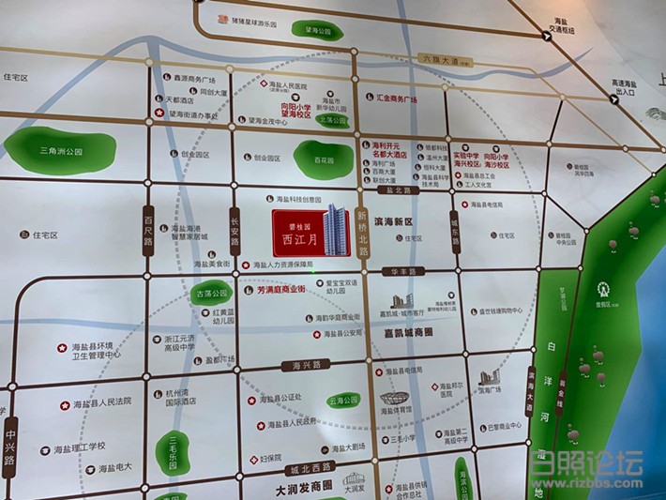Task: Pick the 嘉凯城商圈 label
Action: tap(409, 332)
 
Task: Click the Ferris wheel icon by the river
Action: tap(603, 290)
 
